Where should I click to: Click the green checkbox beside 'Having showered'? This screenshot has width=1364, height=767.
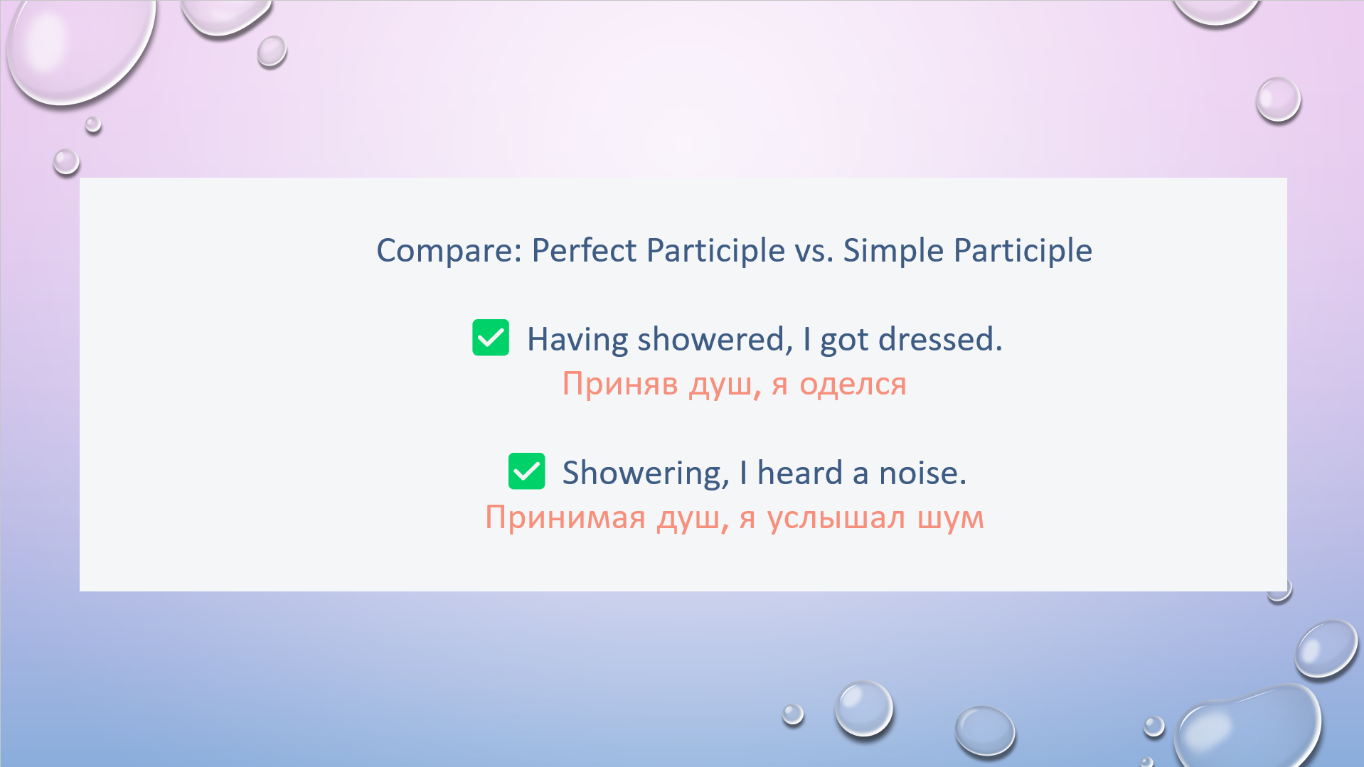[491, 338]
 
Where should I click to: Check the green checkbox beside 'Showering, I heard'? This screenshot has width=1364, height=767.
[527, 471]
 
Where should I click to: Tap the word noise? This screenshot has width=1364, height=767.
[922, 473]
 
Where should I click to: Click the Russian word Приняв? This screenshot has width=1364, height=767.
[620, 385]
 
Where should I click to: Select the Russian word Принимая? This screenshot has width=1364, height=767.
[565, 518]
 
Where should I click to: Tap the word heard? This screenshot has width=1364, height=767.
[800, 473]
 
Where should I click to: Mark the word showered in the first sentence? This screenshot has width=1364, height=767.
[715, 339]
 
